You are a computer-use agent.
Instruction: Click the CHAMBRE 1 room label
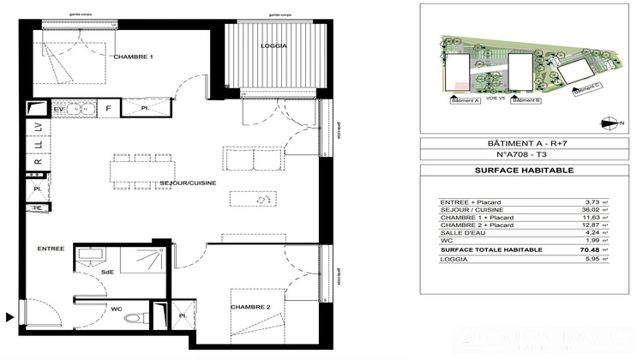pos(133,57)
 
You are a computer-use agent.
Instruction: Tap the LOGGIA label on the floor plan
pos(274,45)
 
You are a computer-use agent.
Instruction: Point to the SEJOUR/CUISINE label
pos(188,183)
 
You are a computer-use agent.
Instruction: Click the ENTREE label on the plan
pos(51,249)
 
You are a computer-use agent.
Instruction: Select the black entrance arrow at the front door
pos(9,317)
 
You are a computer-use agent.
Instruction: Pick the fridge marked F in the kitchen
pos(108,110)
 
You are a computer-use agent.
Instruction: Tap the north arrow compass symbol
pos(609,124)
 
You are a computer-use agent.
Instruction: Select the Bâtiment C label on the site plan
pos(587,87)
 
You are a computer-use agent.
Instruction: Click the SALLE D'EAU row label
pos(458,233)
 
